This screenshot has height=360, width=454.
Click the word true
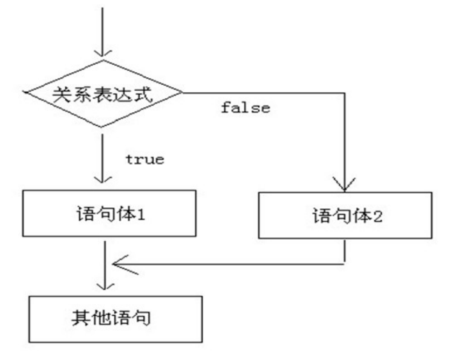tap(145, 160)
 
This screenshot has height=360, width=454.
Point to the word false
tap(245, 107)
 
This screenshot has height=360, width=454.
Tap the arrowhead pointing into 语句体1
tap(102, 180)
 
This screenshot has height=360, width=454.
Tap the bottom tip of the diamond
tap(102, 127)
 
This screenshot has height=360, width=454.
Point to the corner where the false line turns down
tap(344, 93)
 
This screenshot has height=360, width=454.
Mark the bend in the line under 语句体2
tap(344, 263)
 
